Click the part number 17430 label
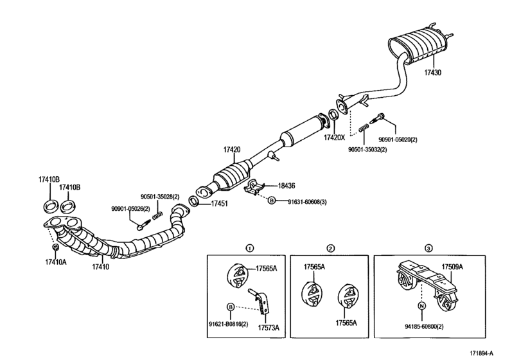tap(432, 73)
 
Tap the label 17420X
tap(334, 138)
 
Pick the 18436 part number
tap(287, 185)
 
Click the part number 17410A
tap(56, 262)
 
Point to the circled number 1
tap(251, 248)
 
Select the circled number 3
tap(428, 248)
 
